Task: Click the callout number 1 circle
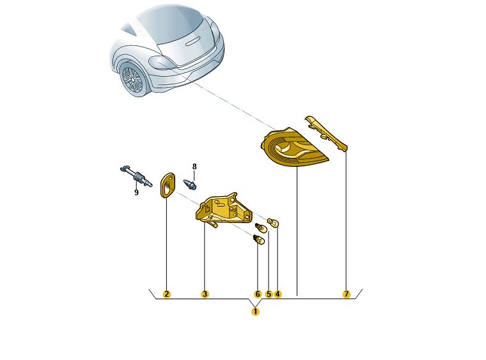click(x=255, y=311)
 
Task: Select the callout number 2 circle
click(x=166, y=294)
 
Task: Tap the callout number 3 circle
click(x=205, y=294)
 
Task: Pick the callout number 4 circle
click(x=278, y=294)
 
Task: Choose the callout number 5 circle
click(x=269, y=294)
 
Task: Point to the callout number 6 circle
click(x=258, y=294)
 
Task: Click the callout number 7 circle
click(x=346, y=294)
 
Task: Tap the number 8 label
click(x=194, y=167)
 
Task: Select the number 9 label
click(x=136, y=192)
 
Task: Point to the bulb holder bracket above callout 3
click(x=223, y=209)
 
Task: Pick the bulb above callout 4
click(x=273, y=223)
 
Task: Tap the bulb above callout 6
click(x=259, y=240)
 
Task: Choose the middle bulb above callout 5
click(x=262, y=229)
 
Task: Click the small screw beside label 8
click(x=190, y=184)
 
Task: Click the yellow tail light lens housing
click(x=293, y=147)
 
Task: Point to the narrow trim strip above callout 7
click(x=326, y=133)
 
